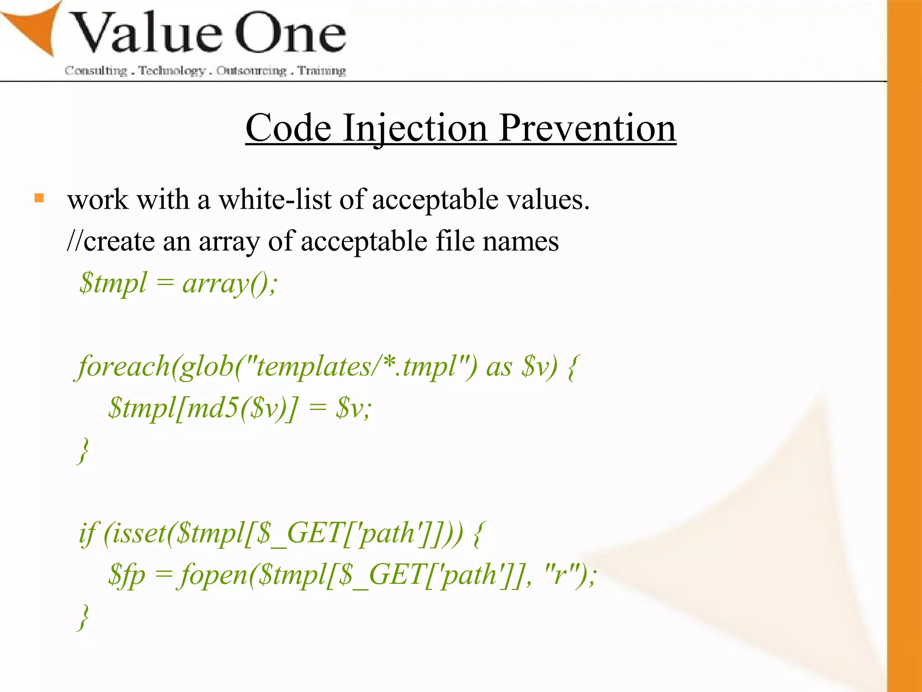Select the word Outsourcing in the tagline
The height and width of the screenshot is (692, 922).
pyautogui.click(x=251, y=71)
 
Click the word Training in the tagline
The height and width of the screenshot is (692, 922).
pyautogui.click(x=322, y=71)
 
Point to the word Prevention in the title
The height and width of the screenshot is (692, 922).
pyautogui.click(x=588, y=128)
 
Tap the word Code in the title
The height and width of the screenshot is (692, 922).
pyautogui.click(x=288, y=128)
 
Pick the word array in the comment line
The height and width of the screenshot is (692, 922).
pyautogui.click(x=229, y=241)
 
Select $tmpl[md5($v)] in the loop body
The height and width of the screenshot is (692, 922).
pyautogui.click(x=203, y=408)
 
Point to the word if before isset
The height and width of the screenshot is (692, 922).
pyautogui.click(x=87, y=533)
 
